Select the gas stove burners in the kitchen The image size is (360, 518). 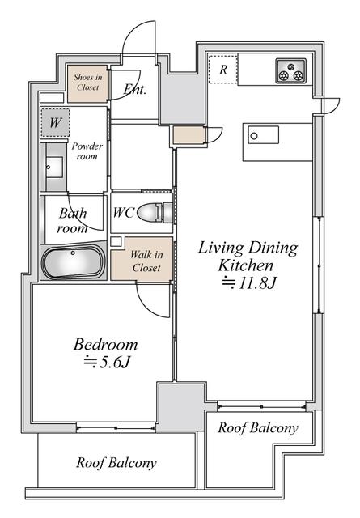(x=290, y=70)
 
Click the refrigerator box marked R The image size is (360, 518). (x=222, y=70)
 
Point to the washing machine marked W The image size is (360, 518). (x=55, y=124)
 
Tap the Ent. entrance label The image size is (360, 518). (x=134, y=90)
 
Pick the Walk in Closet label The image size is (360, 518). (x=147, y=261)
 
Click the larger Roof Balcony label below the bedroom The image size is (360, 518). (x=116, y=464)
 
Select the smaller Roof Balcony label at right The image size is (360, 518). (x=258, y=427)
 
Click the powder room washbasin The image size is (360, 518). (x=54, y=168)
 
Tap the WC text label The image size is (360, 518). (x=123, y=214)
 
